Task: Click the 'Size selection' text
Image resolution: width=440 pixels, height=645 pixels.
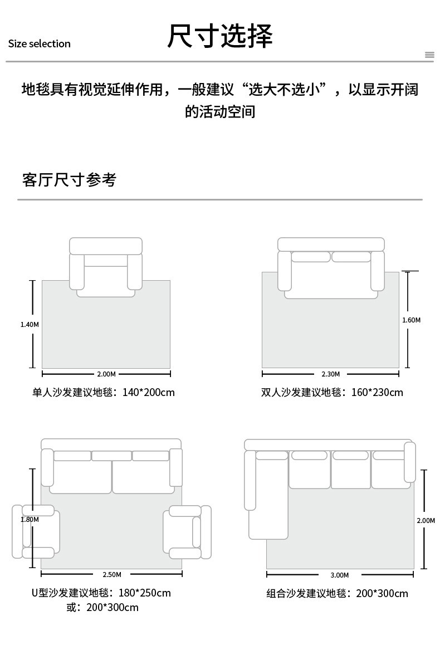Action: [x=40, y=43]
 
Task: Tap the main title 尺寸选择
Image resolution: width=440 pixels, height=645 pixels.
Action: [x=220, y=36]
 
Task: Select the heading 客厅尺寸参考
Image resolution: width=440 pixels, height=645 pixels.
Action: [x=69, y=180]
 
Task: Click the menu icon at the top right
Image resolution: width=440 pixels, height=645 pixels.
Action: [x=429, y=55]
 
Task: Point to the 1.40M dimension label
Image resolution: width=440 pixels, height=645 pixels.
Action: [x=30, y=325]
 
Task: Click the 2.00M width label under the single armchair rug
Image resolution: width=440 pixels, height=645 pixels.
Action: [x=106, y=374]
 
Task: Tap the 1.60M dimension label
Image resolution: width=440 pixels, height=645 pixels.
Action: [x=411, y=320]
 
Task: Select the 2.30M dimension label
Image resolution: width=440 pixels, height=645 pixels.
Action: [x=331, y=374]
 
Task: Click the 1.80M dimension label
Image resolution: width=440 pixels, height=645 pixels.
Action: [x=30, y=520]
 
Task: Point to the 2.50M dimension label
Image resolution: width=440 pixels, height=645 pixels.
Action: [x=112, y=574]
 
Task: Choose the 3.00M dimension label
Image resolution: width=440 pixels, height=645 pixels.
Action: [x=340, y=575]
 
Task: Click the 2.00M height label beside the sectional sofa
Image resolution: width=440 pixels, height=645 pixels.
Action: [x=426, y=520]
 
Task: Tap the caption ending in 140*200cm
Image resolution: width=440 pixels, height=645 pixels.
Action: [x=104, y=393]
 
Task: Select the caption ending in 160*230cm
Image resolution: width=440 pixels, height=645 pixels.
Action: [x=333, y=393]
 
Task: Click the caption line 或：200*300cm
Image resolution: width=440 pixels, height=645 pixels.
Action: [x=102, y=607]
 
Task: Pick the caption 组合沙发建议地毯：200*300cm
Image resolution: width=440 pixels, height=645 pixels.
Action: [x=337, y=593]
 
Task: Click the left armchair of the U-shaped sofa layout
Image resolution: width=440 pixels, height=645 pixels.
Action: [x=36, y=531]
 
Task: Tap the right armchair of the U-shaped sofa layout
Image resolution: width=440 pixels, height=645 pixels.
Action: [x=188, y=532]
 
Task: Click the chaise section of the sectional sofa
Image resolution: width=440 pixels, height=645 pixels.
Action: [x=267, y=498]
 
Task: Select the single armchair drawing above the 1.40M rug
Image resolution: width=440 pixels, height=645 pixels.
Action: [x=106, y=267]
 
